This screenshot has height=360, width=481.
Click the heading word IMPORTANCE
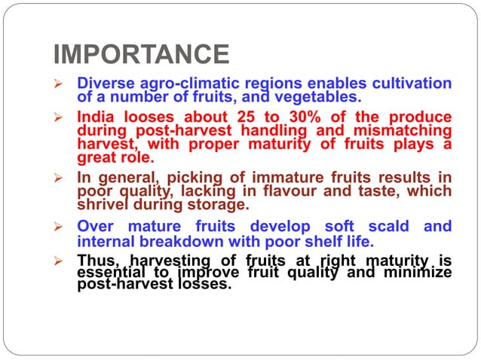pos(141,54)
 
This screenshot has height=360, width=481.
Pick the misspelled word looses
pos(150,117)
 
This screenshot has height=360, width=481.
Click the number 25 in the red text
pos(255,117)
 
